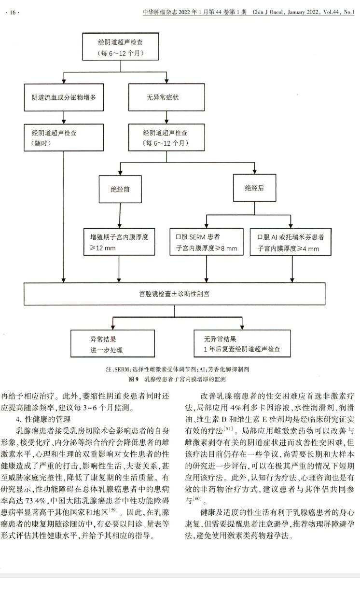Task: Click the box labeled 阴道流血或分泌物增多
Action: (64, 97)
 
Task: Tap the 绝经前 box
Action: (120, 189)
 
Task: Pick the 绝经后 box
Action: (254, 188)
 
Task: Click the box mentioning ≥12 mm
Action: (120, 242)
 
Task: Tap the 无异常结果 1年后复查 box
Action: (242, 344)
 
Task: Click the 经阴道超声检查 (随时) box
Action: (64, 137)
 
